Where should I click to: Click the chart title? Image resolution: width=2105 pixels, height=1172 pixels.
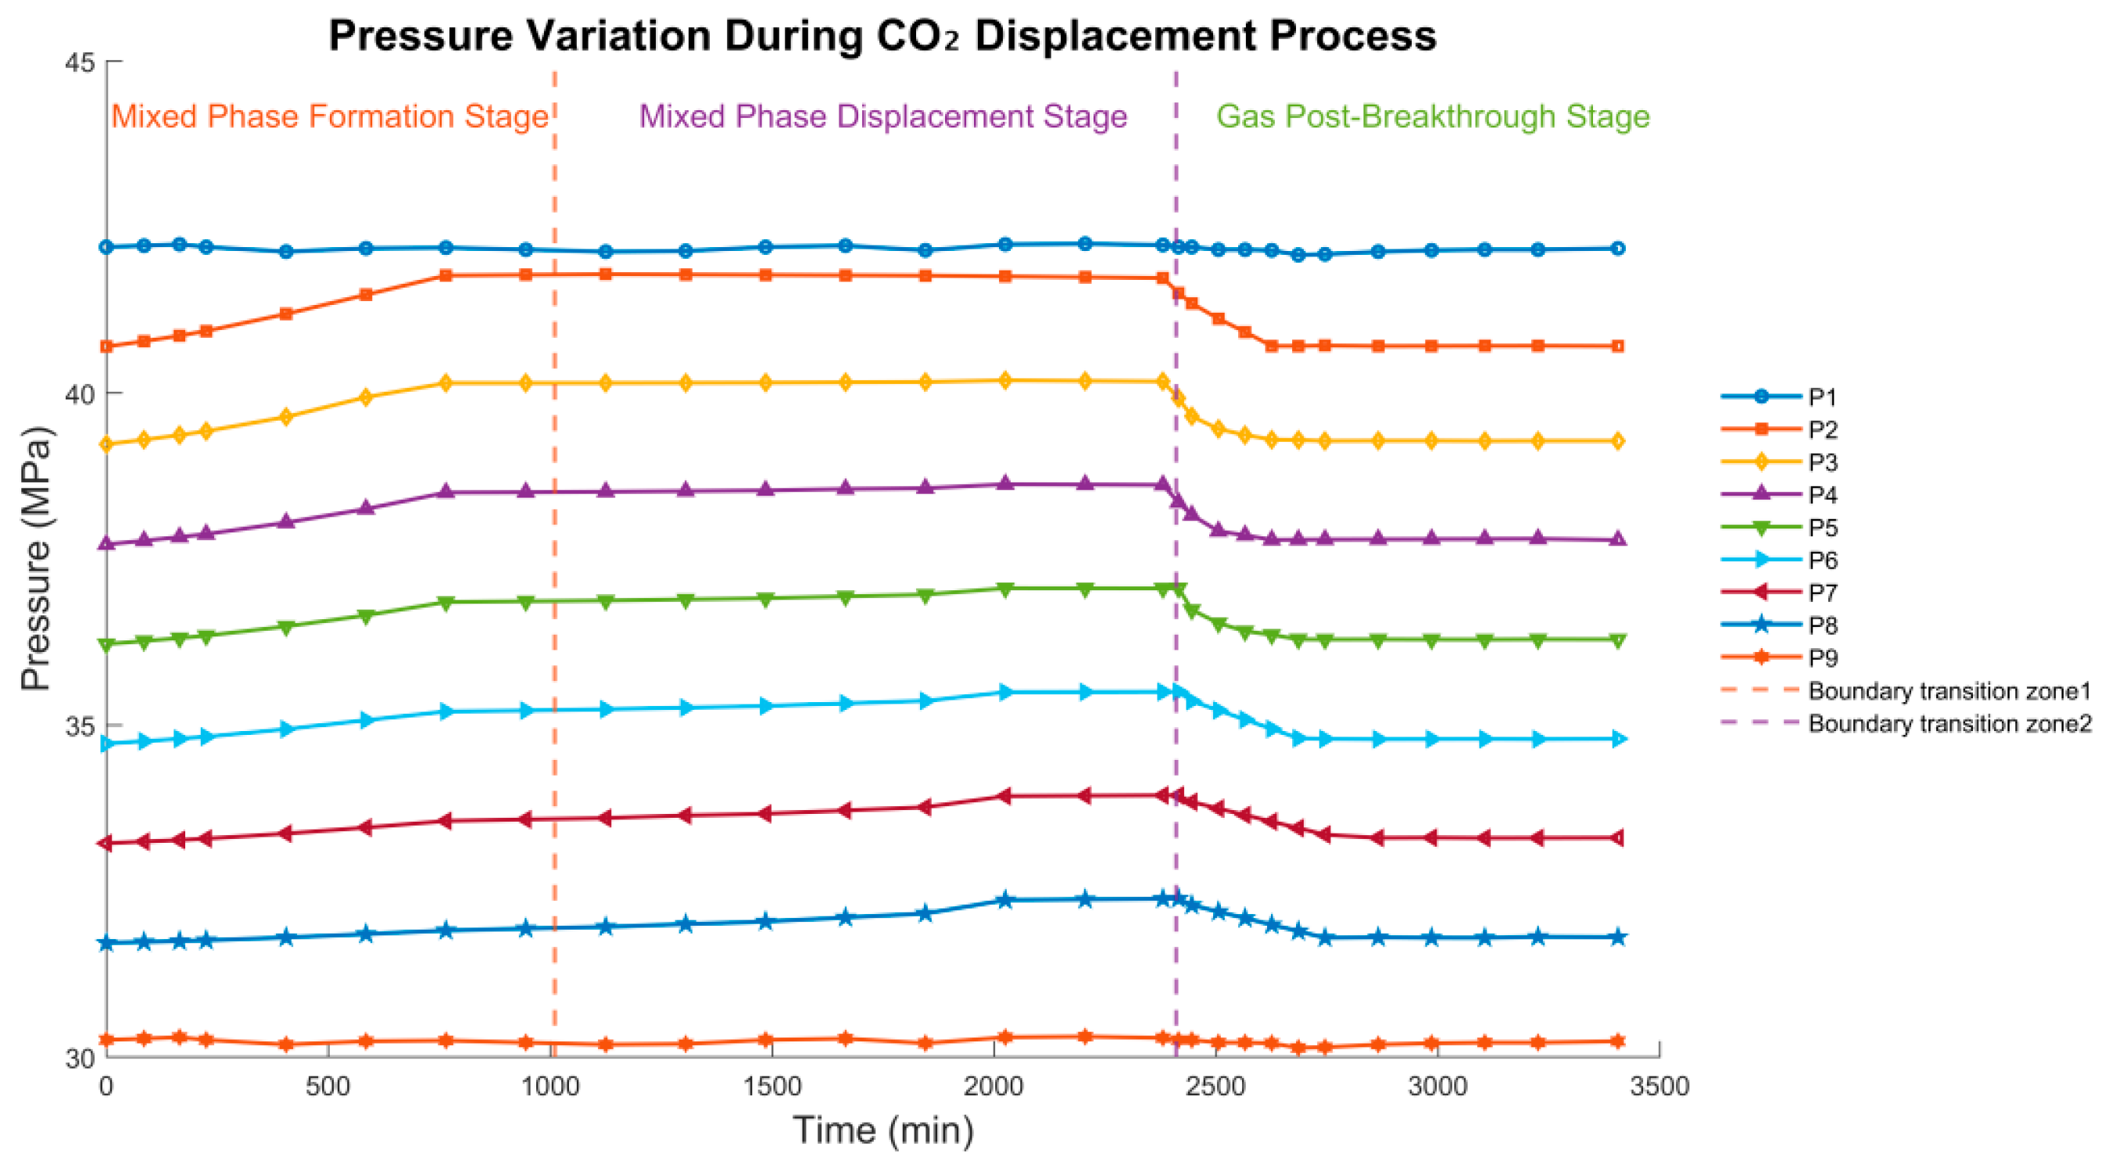coord(882,36)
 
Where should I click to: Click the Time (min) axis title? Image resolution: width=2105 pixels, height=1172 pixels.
coord(883,1131)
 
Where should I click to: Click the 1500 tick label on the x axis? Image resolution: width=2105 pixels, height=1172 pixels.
coord(771,1086)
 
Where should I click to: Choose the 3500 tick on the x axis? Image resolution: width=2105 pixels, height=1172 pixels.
coord(1659,1086)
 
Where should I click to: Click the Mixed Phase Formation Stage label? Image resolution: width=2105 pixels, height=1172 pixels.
coord(330,116)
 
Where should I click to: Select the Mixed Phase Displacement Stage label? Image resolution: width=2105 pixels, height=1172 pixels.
coord(882,116)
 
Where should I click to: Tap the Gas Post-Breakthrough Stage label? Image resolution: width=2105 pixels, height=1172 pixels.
coord(1433,116)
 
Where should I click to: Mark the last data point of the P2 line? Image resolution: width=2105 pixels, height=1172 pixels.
coord(1617,346)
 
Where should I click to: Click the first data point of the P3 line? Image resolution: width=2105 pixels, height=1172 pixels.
coord(106,445)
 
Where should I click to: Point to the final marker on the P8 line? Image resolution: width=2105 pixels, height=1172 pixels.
coord(1617,937)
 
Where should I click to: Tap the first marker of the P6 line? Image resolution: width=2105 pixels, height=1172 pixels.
coord(106,744)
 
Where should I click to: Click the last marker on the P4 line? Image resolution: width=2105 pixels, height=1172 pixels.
coord(1617,540)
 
